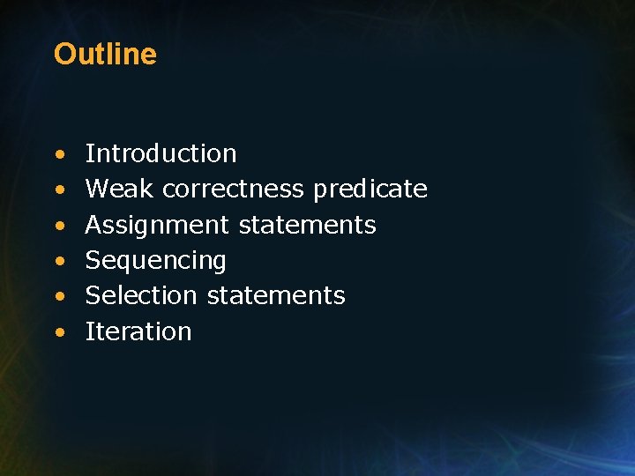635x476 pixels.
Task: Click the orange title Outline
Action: coord(105,55)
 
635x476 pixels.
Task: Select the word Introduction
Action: coord(161,153)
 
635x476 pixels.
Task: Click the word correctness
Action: coord(234,190)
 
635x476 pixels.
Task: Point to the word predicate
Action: coord(370,190)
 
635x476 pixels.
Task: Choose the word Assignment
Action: coord(157,226)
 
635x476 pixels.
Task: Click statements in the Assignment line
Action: coord(308,226)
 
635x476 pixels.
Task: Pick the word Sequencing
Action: coord(156,261)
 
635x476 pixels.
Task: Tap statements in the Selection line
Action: coord(276,296)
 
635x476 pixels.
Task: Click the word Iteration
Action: coord(138,332)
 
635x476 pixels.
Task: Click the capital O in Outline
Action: coord(64,55)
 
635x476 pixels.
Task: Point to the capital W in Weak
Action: coord(97,190)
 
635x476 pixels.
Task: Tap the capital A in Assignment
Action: coord(93,226)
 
